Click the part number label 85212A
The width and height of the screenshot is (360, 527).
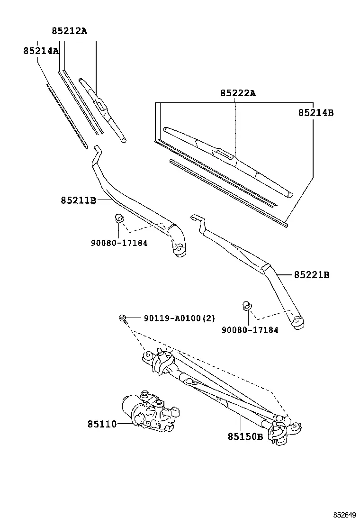pos(69,31)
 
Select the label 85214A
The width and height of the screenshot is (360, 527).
pos(41,51)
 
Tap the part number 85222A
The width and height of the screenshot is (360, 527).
pos(238,93)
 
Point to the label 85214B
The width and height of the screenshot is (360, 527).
pos(316,113)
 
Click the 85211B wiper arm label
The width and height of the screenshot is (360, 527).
pos(79,200)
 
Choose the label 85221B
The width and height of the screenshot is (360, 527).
pos(312,275)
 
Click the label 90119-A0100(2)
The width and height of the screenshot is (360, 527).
pos(180,318)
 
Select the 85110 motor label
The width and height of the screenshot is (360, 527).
pos(102,424)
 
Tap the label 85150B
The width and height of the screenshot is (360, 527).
pos(245,436)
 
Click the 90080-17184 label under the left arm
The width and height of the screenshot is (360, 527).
pos(119,243)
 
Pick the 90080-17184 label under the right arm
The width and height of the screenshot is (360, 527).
pos(250,330)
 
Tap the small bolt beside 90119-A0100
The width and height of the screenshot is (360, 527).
pos(123,318)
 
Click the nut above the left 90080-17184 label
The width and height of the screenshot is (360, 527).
pos(119,218)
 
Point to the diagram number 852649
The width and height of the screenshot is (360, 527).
pos(344,515)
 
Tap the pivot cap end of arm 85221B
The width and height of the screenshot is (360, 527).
pos(298,323)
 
